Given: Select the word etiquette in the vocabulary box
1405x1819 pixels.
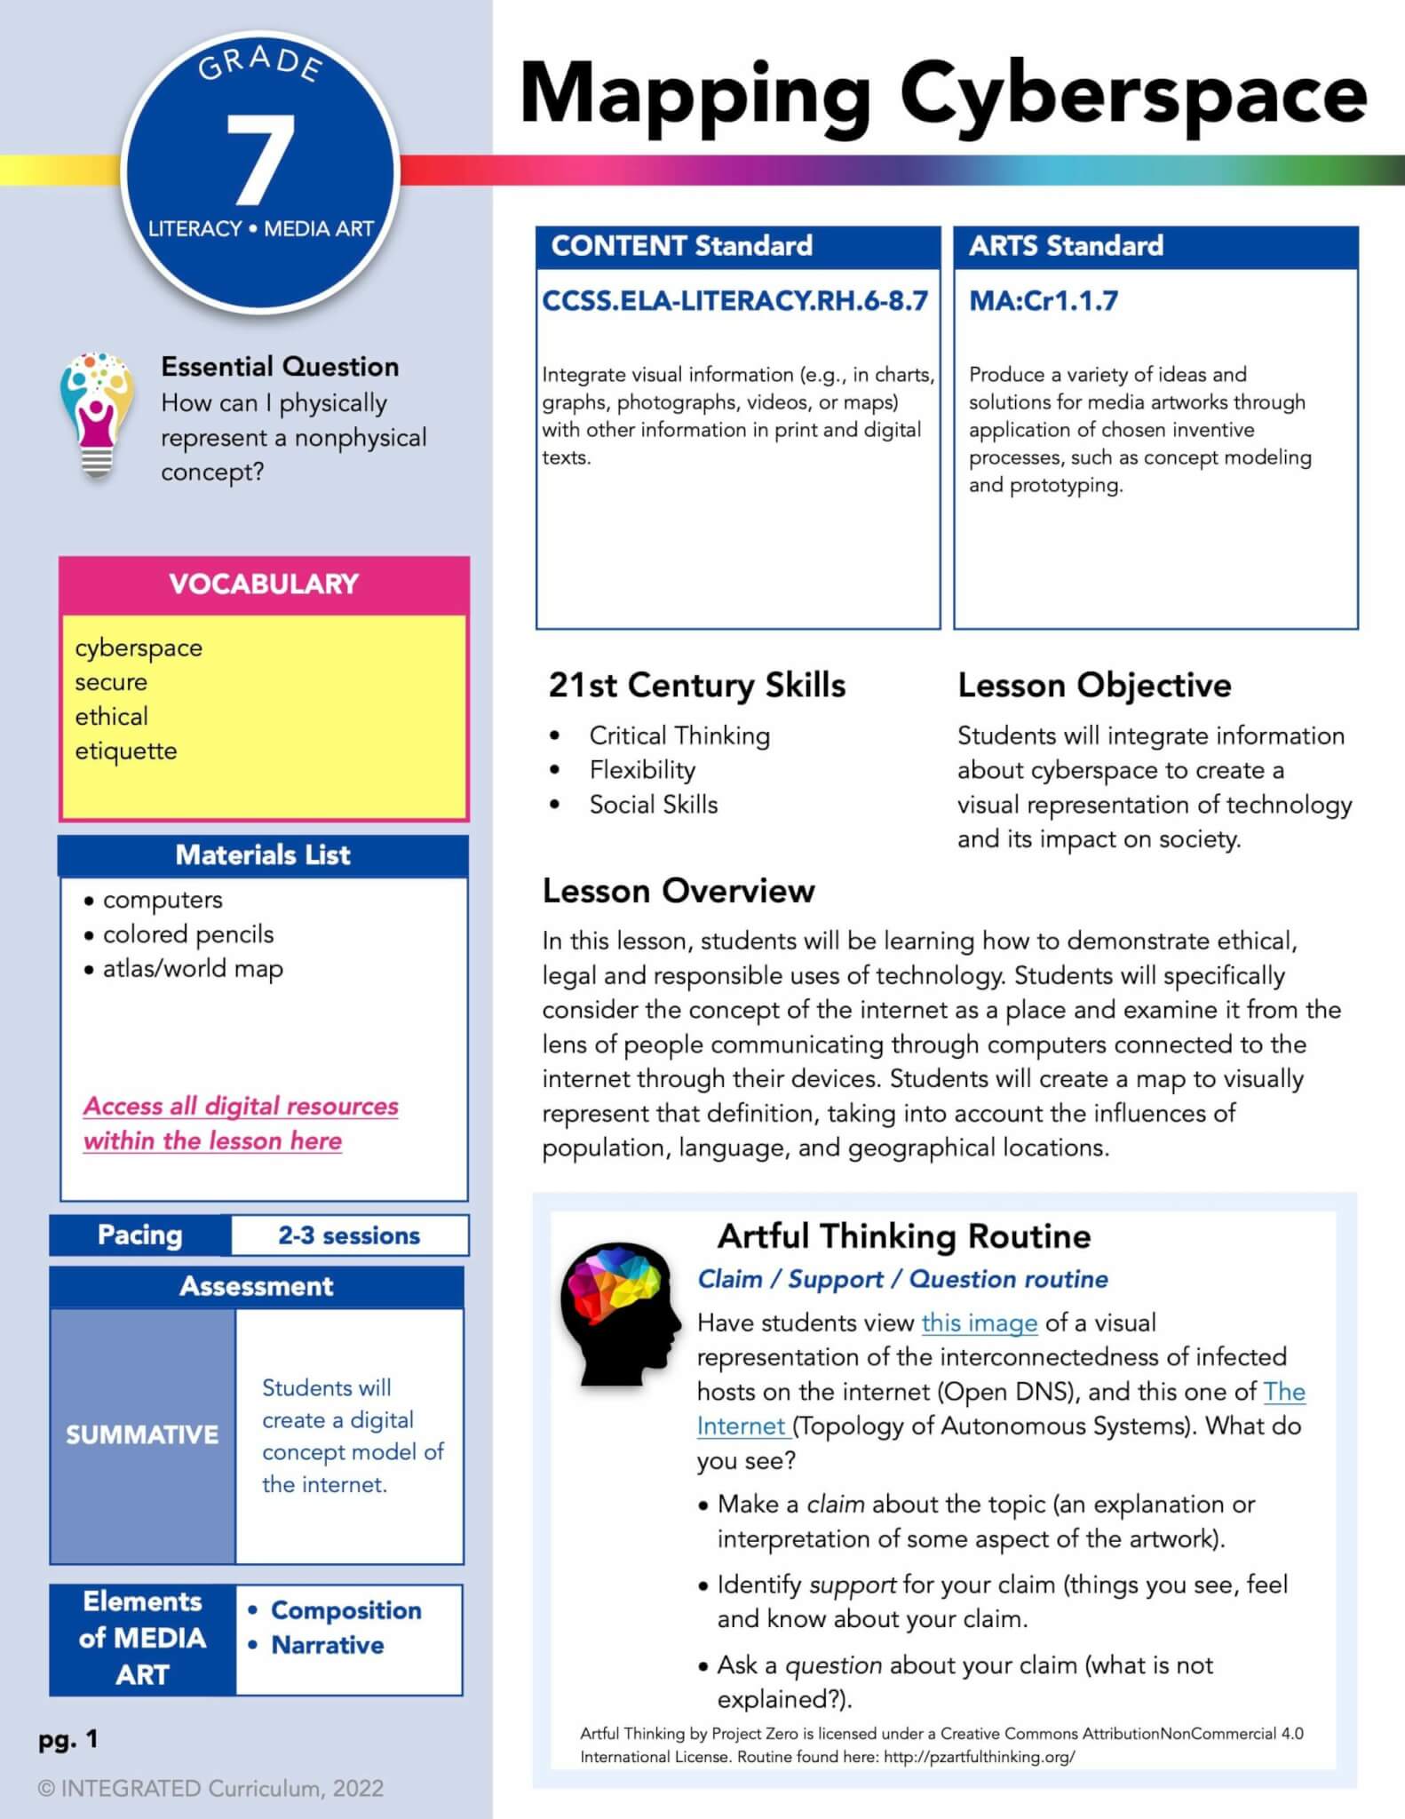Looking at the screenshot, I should pyautogui.click(x=126, y=751).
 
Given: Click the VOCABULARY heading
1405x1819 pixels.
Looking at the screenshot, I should pyautogui.click(x=264, y=584).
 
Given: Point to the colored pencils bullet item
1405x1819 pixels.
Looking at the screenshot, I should pyautogui.click(x=187, y=934).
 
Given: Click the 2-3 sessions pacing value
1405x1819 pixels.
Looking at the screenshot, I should pyautogui.click(x=349, y=1235).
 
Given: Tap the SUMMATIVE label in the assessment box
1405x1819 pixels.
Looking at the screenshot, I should pyautogui.click(x=142, y=1434).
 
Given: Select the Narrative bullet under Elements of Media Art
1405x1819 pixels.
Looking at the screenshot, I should pyautogui.click(x=327, y=1645).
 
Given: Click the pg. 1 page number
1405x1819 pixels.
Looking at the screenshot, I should pyautogui.click(x=68, y=1739).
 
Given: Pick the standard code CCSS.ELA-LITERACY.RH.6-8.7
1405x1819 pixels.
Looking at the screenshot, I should pyautogui.click(x=734, y=301).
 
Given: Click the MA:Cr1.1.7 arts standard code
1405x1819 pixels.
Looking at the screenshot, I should pyautogui.click(x=1043, y=301).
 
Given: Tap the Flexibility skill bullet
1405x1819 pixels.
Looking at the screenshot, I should pyautogui.click(x=642, y=770).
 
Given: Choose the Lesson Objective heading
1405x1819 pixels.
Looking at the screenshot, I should pyautogui.click(x=1094, y=686).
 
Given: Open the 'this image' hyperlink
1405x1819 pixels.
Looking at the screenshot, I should pyautogui.click(x=979, y=1323).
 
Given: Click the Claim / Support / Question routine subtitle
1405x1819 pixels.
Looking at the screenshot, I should pyautogui.click(x=902, y=1279).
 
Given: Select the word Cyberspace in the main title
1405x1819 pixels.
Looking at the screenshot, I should pyautogui.click(x=1132, y=94).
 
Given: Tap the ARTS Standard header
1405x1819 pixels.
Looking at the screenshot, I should pyautogui.click(x=1066, y=246).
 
